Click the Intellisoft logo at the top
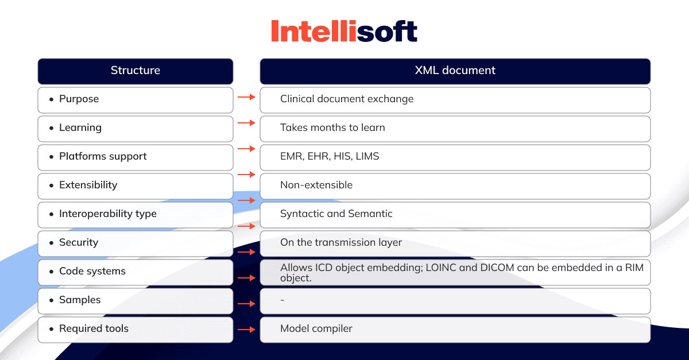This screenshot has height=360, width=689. point(344,31)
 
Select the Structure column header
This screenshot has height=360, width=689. point(136,71)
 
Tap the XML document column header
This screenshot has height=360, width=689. point(455,71)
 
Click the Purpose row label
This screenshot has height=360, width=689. point(79,99)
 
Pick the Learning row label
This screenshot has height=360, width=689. point(80,127)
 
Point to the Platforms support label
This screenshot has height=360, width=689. point(103,156)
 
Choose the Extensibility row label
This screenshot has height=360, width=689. point(88,185)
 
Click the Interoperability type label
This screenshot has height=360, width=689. point(108,214)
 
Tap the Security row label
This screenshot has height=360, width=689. point(79,242)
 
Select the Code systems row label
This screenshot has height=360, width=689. point(92,271)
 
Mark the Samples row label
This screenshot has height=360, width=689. point(80,300)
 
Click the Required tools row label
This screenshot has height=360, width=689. point(94,328)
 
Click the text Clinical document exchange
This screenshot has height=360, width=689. point(347,99)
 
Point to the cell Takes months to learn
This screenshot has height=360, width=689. point(455,129)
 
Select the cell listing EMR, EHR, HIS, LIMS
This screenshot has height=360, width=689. point(455,157)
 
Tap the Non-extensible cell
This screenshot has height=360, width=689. point(455,186)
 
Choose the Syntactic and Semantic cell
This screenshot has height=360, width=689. point(455,215)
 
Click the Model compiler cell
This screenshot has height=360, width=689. point(455,330)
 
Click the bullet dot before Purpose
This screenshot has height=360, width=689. point(51,99)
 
